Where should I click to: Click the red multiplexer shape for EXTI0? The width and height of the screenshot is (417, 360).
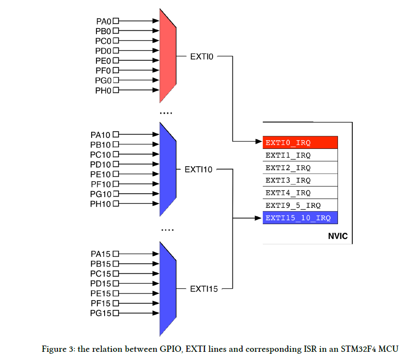(x=167, y=55)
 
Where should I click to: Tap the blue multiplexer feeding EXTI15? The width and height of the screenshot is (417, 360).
(x=167, y=289)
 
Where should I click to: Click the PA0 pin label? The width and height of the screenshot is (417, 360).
(x=103, y=21)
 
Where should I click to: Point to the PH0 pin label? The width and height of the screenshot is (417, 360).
(x=103, y=91)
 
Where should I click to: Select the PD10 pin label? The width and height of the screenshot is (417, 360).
(x=100, y=165)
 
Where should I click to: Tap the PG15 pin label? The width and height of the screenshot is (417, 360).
(x=100, y=313)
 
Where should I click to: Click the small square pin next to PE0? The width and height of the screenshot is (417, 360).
(x=116, y=61)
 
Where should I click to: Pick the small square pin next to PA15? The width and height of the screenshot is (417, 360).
(x=116, y=253)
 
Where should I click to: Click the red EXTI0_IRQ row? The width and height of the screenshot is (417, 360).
(x=300, y=143)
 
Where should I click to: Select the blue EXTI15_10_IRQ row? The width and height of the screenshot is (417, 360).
(x=300, y=218)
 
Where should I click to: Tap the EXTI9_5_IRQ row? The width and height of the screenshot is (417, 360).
(x=300, y=205)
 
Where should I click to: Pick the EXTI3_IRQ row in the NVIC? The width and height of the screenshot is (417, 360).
(x=300, y=180)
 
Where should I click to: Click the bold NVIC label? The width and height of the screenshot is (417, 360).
(x=337, y=237)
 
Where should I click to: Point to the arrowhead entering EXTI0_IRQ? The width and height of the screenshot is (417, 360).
(x=259, y=142)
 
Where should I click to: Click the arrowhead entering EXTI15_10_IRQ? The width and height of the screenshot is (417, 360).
(x=259, y=218)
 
